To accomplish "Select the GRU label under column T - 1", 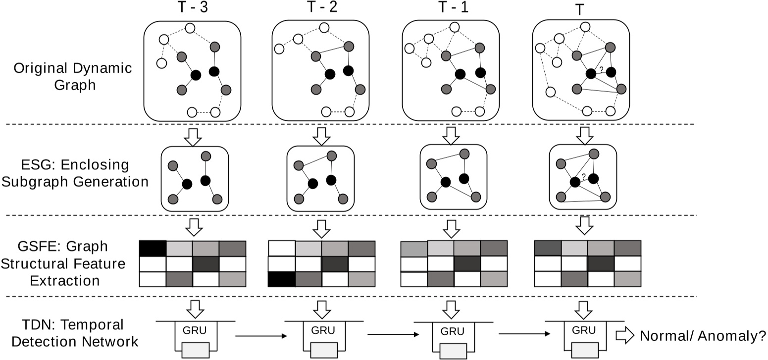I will (x=451, y=330).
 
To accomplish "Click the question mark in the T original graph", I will (x=601, y=69).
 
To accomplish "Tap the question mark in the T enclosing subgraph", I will (x=584, y=176).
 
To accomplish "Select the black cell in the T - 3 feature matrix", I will (x=153, y=248).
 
